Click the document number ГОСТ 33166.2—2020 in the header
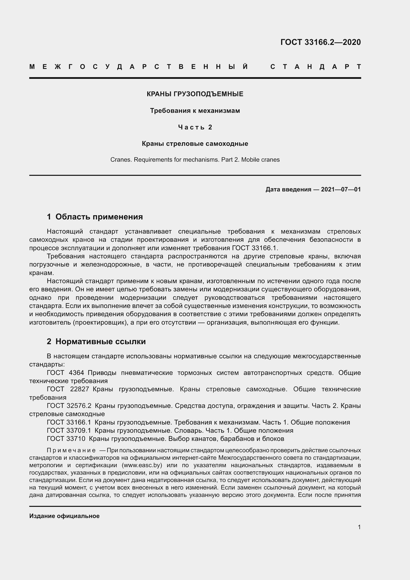(x=320, y=42)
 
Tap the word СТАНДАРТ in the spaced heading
(x=316, y=67)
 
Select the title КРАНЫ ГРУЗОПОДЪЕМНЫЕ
(x=195, y=94)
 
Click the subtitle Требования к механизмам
(x=195, y=111)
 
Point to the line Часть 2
(x=195, y=127)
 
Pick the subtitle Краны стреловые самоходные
(x=195, y=144)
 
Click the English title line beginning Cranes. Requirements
(x=195, y=160)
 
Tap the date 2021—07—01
(x=341, y=189)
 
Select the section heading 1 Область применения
(x=95, y=217)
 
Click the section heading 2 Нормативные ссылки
(x=96, y=341)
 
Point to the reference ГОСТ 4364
(x=65, y=373)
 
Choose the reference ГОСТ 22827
(x=68, y=389)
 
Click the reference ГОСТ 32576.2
(x=69, y=406)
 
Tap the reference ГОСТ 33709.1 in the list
(x=69, y=430)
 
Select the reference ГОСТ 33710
(x=66, y=439)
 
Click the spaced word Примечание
(x=71, y=450)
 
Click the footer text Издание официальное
(x=64, y=516)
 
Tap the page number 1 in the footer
(x=359, y=527)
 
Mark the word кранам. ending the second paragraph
(x=41, y=273)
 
